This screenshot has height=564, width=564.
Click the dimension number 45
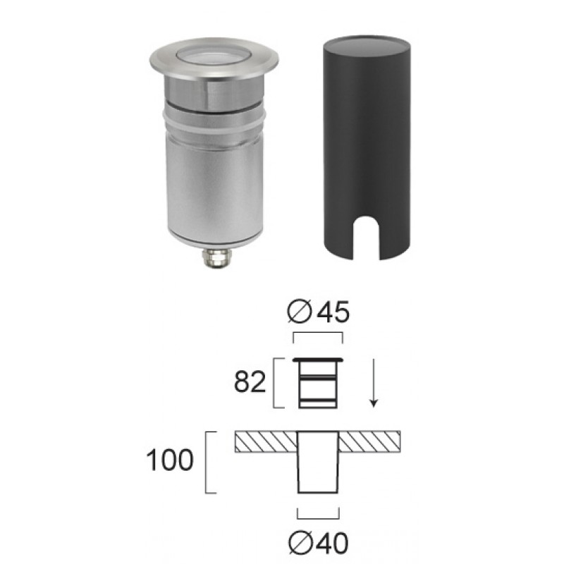[333, 312]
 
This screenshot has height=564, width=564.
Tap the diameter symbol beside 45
[300, 312]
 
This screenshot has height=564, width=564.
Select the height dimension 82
[250, 381]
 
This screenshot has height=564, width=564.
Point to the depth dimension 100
[170, 460]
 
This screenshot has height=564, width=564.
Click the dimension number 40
[332, 543]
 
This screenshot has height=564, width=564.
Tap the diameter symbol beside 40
[300, 543]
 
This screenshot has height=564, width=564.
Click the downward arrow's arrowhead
[374, 403]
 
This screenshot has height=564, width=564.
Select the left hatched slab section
[266, 441]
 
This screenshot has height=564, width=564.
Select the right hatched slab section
[369, 441]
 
